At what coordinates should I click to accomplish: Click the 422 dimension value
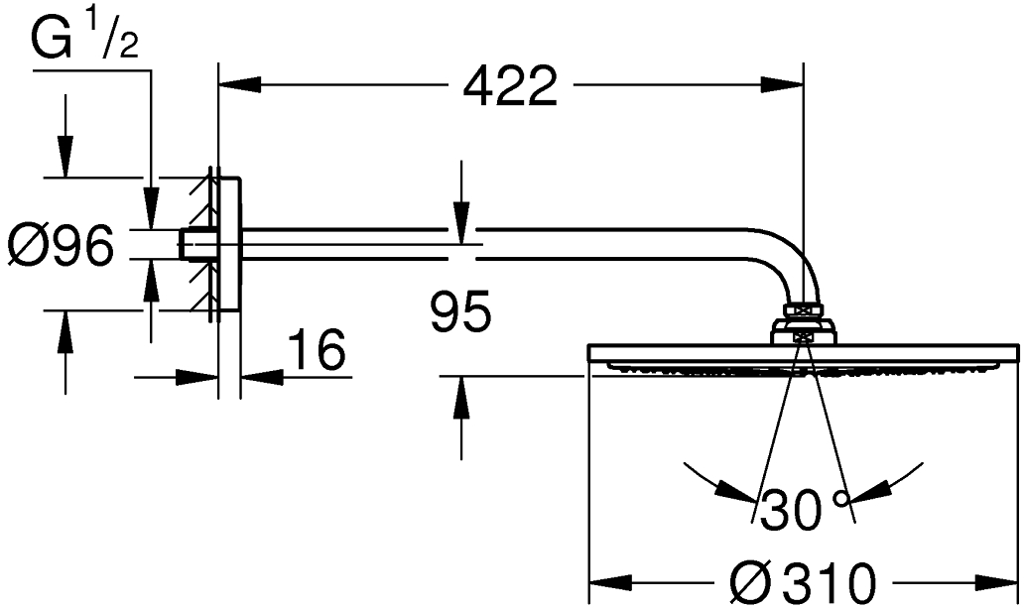(510, 85)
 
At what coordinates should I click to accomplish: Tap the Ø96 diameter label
(61, 245)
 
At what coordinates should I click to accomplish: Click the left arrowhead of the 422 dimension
(240, 84)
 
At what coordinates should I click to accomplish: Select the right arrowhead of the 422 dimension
(782, 84)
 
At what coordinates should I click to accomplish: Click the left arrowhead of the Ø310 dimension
(610, 581)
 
